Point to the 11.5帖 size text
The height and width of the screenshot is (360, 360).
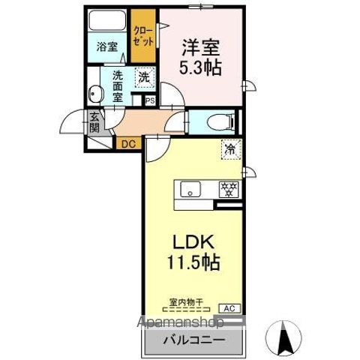click(x=194, y=265)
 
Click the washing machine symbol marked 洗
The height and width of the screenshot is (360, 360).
click(x=142, y=76)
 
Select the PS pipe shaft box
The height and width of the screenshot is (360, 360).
click(x=149, y=100)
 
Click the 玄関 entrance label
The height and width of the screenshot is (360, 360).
click(x=94, y=121)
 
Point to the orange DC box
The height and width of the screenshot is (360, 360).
click(x=126, y=142)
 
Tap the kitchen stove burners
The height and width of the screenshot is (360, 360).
click(x=226, y=189)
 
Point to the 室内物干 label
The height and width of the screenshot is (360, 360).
click(x=184, y=301)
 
